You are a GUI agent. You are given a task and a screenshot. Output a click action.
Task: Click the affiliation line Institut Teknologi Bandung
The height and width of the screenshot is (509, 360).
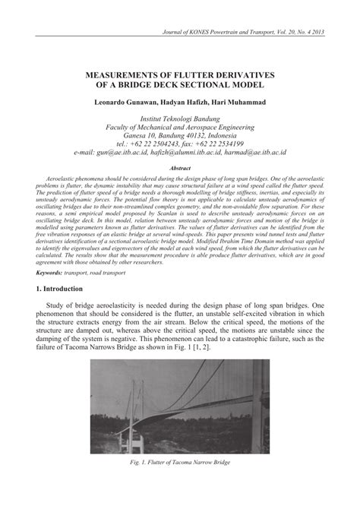point(180,119)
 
